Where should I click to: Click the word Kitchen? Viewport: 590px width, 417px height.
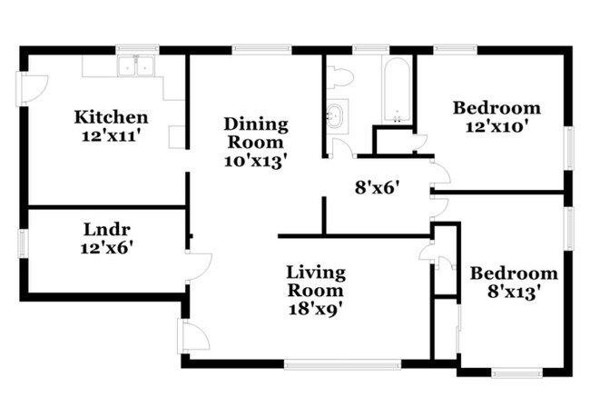(111, 116)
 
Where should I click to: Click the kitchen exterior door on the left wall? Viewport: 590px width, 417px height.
(30, 87)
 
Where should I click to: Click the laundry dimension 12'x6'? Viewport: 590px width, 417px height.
(105, 245)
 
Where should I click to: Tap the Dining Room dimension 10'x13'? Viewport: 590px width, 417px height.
(256, 161)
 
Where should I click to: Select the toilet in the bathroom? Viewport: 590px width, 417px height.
(339, 76)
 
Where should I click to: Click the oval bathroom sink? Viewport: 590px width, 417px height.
(335, 115)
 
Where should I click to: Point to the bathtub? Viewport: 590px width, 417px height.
(397, 91)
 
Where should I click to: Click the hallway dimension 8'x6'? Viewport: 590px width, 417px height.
(377, 189)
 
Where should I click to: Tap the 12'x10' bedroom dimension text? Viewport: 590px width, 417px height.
(497, 127)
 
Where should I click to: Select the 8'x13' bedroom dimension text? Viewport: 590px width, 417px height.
(513, 292)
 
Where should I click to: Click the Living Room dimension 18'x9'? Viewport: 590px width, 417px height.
(315, 309)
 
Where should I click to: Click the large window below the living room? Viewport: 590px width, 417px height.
(342, 364)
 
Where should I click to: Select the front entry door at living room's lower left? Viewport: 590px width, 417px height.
(192, 336)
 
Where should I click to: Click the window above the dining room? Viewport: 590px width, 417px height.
(255, 49)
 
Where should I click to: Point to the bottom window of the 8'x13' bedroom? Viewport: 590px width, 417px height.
(516, 372)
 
